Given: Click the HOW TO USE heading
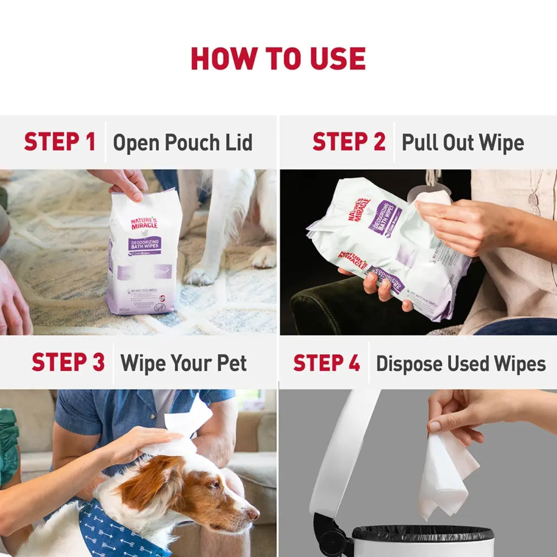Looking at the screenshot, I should click(x=278, y=58).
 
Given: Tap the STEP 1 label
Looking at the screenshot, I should click(x=59, y=142).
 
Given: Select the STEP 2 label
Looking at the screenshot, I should click(x=349, y=142).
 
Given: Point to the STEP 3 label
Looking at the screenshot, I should click(x=68, y=363).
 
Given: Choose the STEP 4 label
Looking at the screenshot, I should click(x=326, y=363).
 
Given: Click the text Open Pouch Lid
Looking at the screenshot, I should click(x=182, y=142).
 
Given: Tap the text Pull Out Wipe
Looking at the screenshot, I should click(x=462, y=142).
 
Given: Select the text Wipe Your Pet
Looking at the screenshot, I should click(x=183, y=363).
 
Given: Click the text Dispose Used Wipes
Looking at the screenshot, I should click(x=460, y=363).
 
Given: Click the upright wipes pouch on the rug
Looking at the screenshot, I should click(x=142, y=260).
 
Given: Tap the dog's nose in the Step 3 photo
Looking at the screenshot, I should click(x=253, y=513).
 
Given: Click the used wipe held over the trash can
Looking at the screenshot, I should click(x=446, y=478).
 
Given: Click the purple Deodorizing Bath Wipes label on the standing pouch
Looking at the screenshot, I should click(x=144, y=243).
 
